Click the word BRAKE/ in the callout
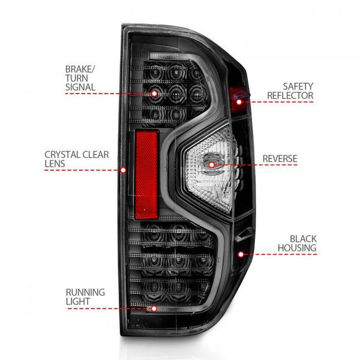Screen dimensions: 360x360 pyautogui.click(x=80, y=68)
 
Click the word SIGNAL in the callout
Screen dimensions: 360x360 pyautogui.click(x=80, y=87)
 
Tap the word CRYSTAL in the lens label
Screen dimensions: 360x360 pyautogui.click(x=62, y=154)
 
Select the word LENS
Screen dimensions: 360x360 pyautogui.click(x=55, y=164)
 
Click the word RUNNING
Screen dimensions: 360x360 pyautogui.click(x=86, y=292)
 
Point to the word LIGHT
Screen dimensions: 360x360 pyautogui.click(x=78, y=302)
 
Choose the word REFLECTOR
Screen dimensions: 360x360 pyautogui.click(x=290, y=95)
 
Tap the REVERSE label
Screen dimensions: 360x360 pyautogui.click(x=280, y=159)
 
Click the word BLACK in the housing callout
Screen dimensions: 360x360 pyautogui.click(x=302, y=238)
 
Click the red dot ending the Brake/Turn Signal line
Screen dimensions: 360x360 pyautogui.click(x=154, y=94)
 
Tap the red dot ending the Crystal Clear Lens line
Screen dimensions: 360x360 pyautogui.click(x=124, y=170)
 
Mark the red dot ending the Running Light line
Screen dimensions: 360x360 pyautogui.click(x=154, y=308)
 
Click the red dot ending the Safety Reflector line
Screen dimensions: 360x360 pyautogui.click(x=239, y=102)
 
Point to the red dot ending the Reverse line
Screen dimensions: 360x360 pyautogui.click(x=211, y=164)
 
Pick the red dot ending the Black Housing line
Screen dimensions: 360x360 pyautogui.click(x=241, y=254)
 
